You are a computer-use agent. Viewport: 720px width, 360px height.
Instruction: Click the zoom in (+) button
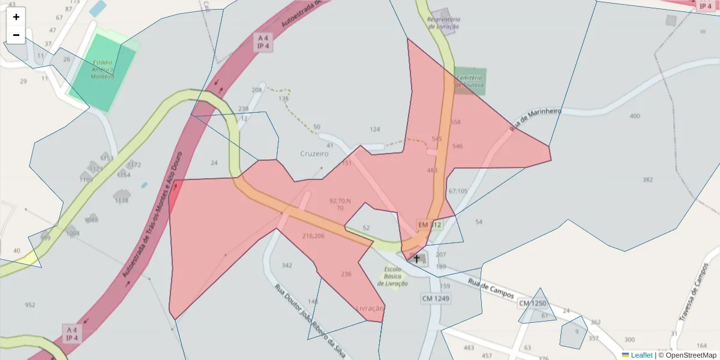16,17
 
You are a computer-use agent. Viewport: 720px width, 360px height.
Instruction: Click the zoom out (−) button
16,35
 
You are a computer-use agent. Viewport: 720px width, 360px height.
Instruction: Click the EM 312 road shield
430,225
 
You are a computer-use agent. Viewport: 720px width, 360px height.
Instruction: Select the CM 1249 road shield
436,298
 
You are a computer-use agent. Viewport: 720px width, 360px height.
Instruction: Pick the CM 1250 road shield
532,304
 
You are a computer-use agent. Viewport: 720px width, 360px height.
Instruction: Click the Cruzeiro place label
314,154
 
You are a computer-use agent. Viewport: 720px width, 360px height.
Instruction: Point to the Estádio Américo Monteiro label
103,69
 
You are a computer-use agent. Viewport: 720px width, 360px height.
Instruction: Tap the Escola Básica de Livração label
393,276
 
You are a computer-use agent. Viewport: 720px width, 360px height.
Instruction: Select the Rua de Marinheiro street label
535,119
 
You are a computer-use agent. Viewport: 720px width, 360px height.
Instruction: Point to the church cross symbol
416,258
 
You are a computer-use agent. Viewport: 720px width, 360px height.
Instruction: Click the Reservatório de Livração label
443,23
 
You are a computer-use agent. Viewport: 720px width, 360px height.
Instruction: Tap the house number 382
647,180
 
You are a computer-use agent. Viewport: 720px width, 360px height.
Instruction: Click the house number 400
635,116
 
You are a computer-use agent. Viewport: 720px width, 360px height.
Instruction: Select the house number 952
30,305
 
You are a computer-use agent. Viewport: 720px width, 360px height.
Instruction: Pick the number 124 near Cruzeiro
375,129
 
